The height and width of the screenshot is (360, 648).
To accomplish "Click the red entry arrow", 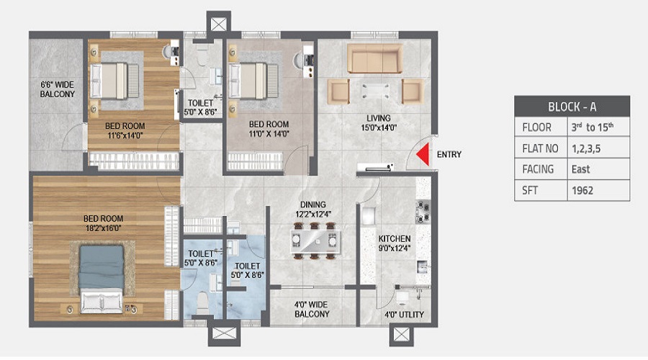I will pyautogui.click(x=425, y=154).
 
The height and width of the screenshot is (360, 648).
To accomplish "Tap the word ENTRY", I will pyautogui.click(x=449, y=154).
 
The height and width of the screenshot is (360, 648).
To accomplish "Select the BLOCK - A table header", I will pyautogui.click(x=572, y=107).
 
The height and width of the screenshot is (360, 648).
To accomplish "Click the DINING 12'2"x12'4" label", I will pyautogui.click(x=313, y=209).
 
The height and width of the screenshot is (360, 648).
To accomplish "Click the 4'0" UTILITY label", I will pyautogui.click(x=403, y=315).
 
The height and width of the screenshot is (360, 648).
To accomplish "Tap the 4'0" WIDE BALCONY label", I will pyautogui.click(x=311, y=309).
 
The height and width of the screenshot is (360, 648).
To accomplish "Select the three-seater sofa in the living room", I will pyautogui.click(x=375, y=59).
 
